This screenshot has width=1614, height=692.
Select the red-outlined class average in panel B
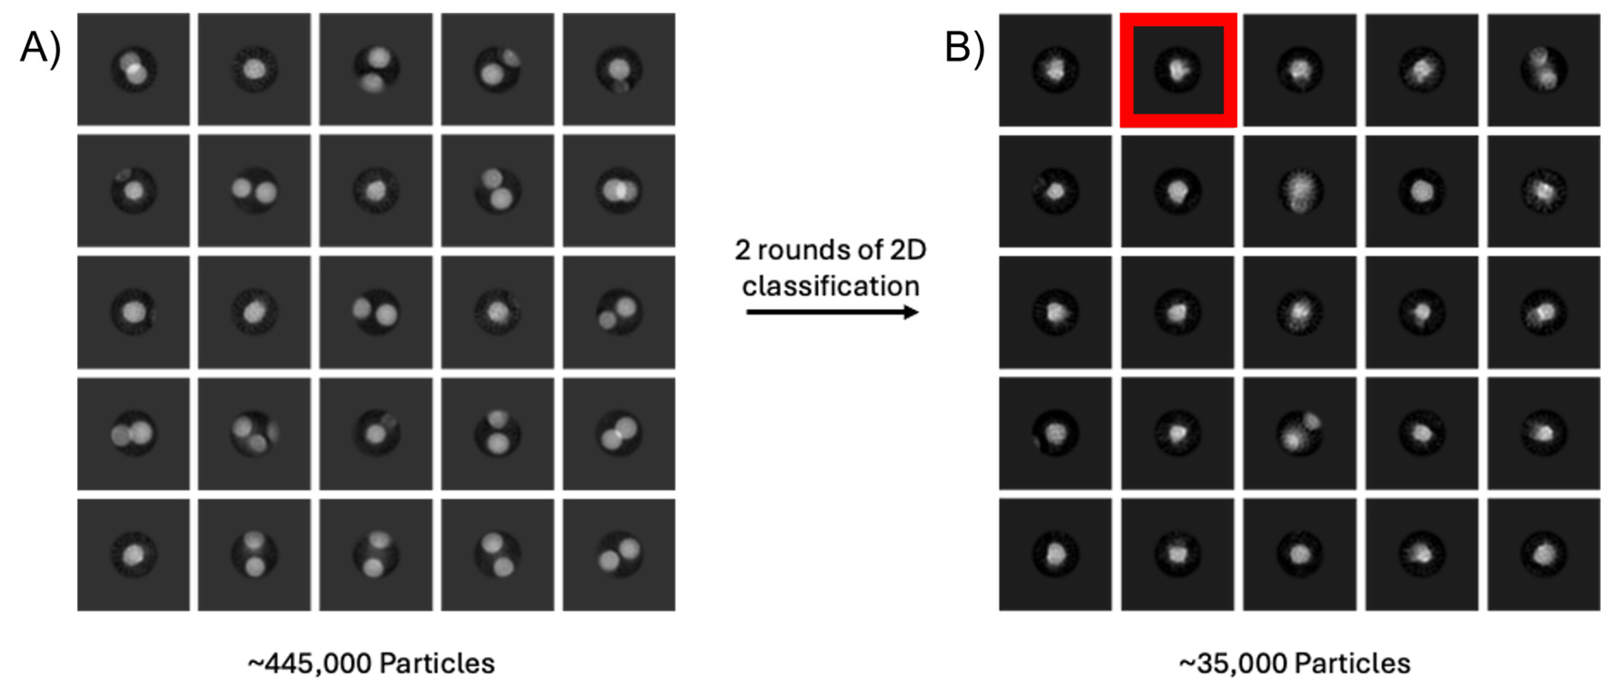[1178, 70]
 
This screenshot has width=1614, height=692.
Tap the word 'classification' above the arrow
[831, 286]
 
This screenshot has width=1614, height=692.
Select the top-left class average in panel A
[133, 70]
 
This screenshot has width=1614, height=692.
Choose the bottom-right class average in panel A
[619, 555]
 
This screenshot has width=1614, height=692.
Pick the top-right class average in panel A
[619, 70]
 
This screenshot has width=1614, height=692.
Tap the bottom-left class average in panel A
[133, 555]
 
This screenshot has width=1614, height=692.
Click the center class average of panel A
[376, 312]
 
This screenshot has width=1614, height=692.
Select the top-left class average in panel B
[1055, 70]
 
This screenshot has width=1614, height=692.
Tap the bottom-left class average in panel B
[1055, 555]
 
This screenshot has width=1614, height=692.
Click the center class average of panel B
[1300, 312]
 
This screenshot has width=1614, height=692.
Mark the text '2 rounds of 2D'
[831, 251]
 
